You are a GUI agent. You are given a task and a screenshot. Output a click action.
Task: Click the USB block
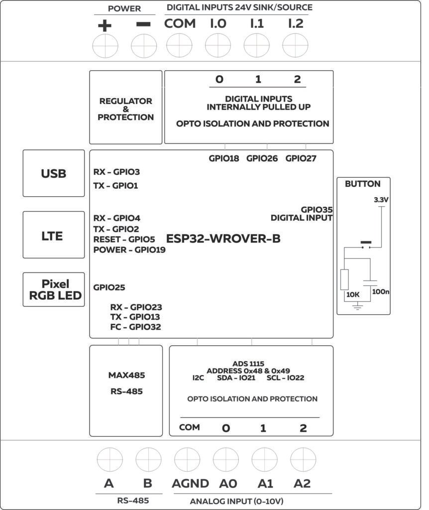[x=54, y=173]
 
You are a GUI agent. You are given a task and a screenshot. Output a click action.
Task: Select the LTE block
[x=54, y=235]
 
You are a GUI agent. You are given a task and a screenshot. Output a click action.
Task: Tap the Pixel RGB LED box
[x=54, y=289]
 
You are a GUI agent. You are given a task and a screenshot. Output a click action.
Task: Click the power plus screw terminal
[x=105, y=46]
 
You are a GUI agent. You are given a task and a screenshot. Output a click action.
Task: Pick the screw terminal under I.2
[x=295, y=45]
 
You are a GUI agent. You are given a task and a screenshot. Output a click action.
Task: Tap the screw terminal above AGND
[x=187, y=460]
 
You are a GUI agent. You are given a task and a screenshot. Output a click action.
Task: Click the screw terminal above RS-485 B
[x=148, y=460]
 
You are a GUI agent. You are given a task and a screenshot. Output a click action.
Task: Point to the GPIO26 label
[x=262, y=158]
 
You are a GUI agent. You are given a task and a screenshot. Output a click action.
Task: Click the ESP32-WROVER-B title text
[x=223, y=239]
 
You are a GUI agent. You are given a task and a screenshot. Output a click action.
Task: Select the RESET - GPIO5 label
[x=124, y=240]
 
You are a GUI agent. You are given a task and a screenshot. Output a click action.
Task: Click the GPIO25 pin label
[x=109, y=287]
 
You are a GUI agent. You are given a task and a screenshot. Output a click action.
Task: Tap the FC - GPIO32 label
[x=135, y=327]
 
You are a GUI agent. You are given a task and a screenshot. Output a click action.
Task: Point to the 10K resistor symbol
[x=344, y=279]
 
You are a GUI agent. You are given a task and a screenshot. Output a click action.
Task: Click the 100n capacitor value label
[x=381, y=291]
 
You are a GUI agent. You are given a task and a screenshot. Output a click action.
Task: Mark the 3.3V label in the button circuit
[x=381, y=200]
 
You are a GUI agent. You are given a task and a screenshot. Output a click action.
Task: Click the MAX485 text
[x=127, y=376]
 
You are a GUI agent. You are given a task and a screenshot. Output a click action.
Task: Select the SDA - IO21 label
[x=236, y=378]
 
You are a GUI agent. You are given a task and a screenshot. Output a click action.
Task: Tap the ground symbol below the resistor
[x=357, y=306]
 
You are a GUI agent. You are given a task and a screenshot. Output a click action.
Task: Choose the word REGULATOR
[x=126, y=101]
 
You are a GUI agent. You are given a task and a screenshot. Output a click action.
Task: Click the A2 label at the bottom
[x=302, y=484]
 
